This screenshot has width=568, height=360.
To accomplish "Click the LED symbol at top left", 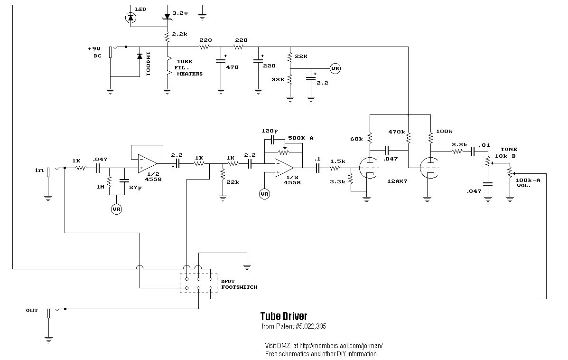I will tap(130, 18).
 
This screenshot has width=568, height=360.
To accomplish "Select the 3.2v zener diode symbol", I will tap(167, 17).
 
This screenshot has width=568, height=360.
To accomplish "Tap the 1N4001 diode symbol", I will tap(139, 57).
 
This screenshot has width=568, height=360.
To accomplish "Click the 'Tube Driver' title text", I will tap(283, 316).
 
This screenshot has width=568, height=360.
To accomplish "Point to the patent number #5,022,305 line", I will tap(294, 327).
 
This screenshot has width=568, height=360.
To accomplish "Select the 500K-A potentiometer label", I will tap(301, 138).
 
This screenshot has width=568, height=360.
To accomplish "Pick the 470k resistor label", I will tap(396, 132).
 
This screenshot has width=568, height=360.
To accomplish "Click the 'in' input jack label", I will tap(39, 170).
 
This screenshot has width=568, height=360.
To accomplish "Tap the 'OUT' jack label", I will tap(32, 310).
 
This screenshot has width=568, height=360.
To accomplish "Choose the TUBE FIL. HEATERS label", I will tap(189, 68).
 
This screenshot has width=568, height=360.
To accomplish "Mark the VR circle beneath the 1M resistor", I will tap(116, 209).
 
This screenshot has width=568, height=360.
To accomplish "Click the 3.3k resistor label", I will tap(337, 181).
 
